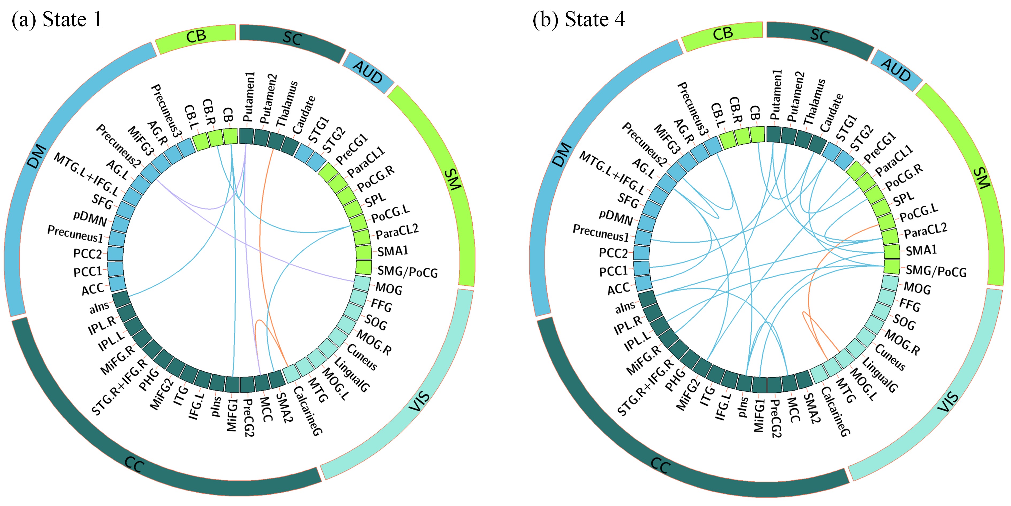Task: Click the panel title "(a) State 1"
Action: tap(57, 19)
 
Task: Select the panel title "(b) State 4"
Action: tap(579, 19)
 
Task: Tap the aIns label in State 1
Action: tap(99, 307)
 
